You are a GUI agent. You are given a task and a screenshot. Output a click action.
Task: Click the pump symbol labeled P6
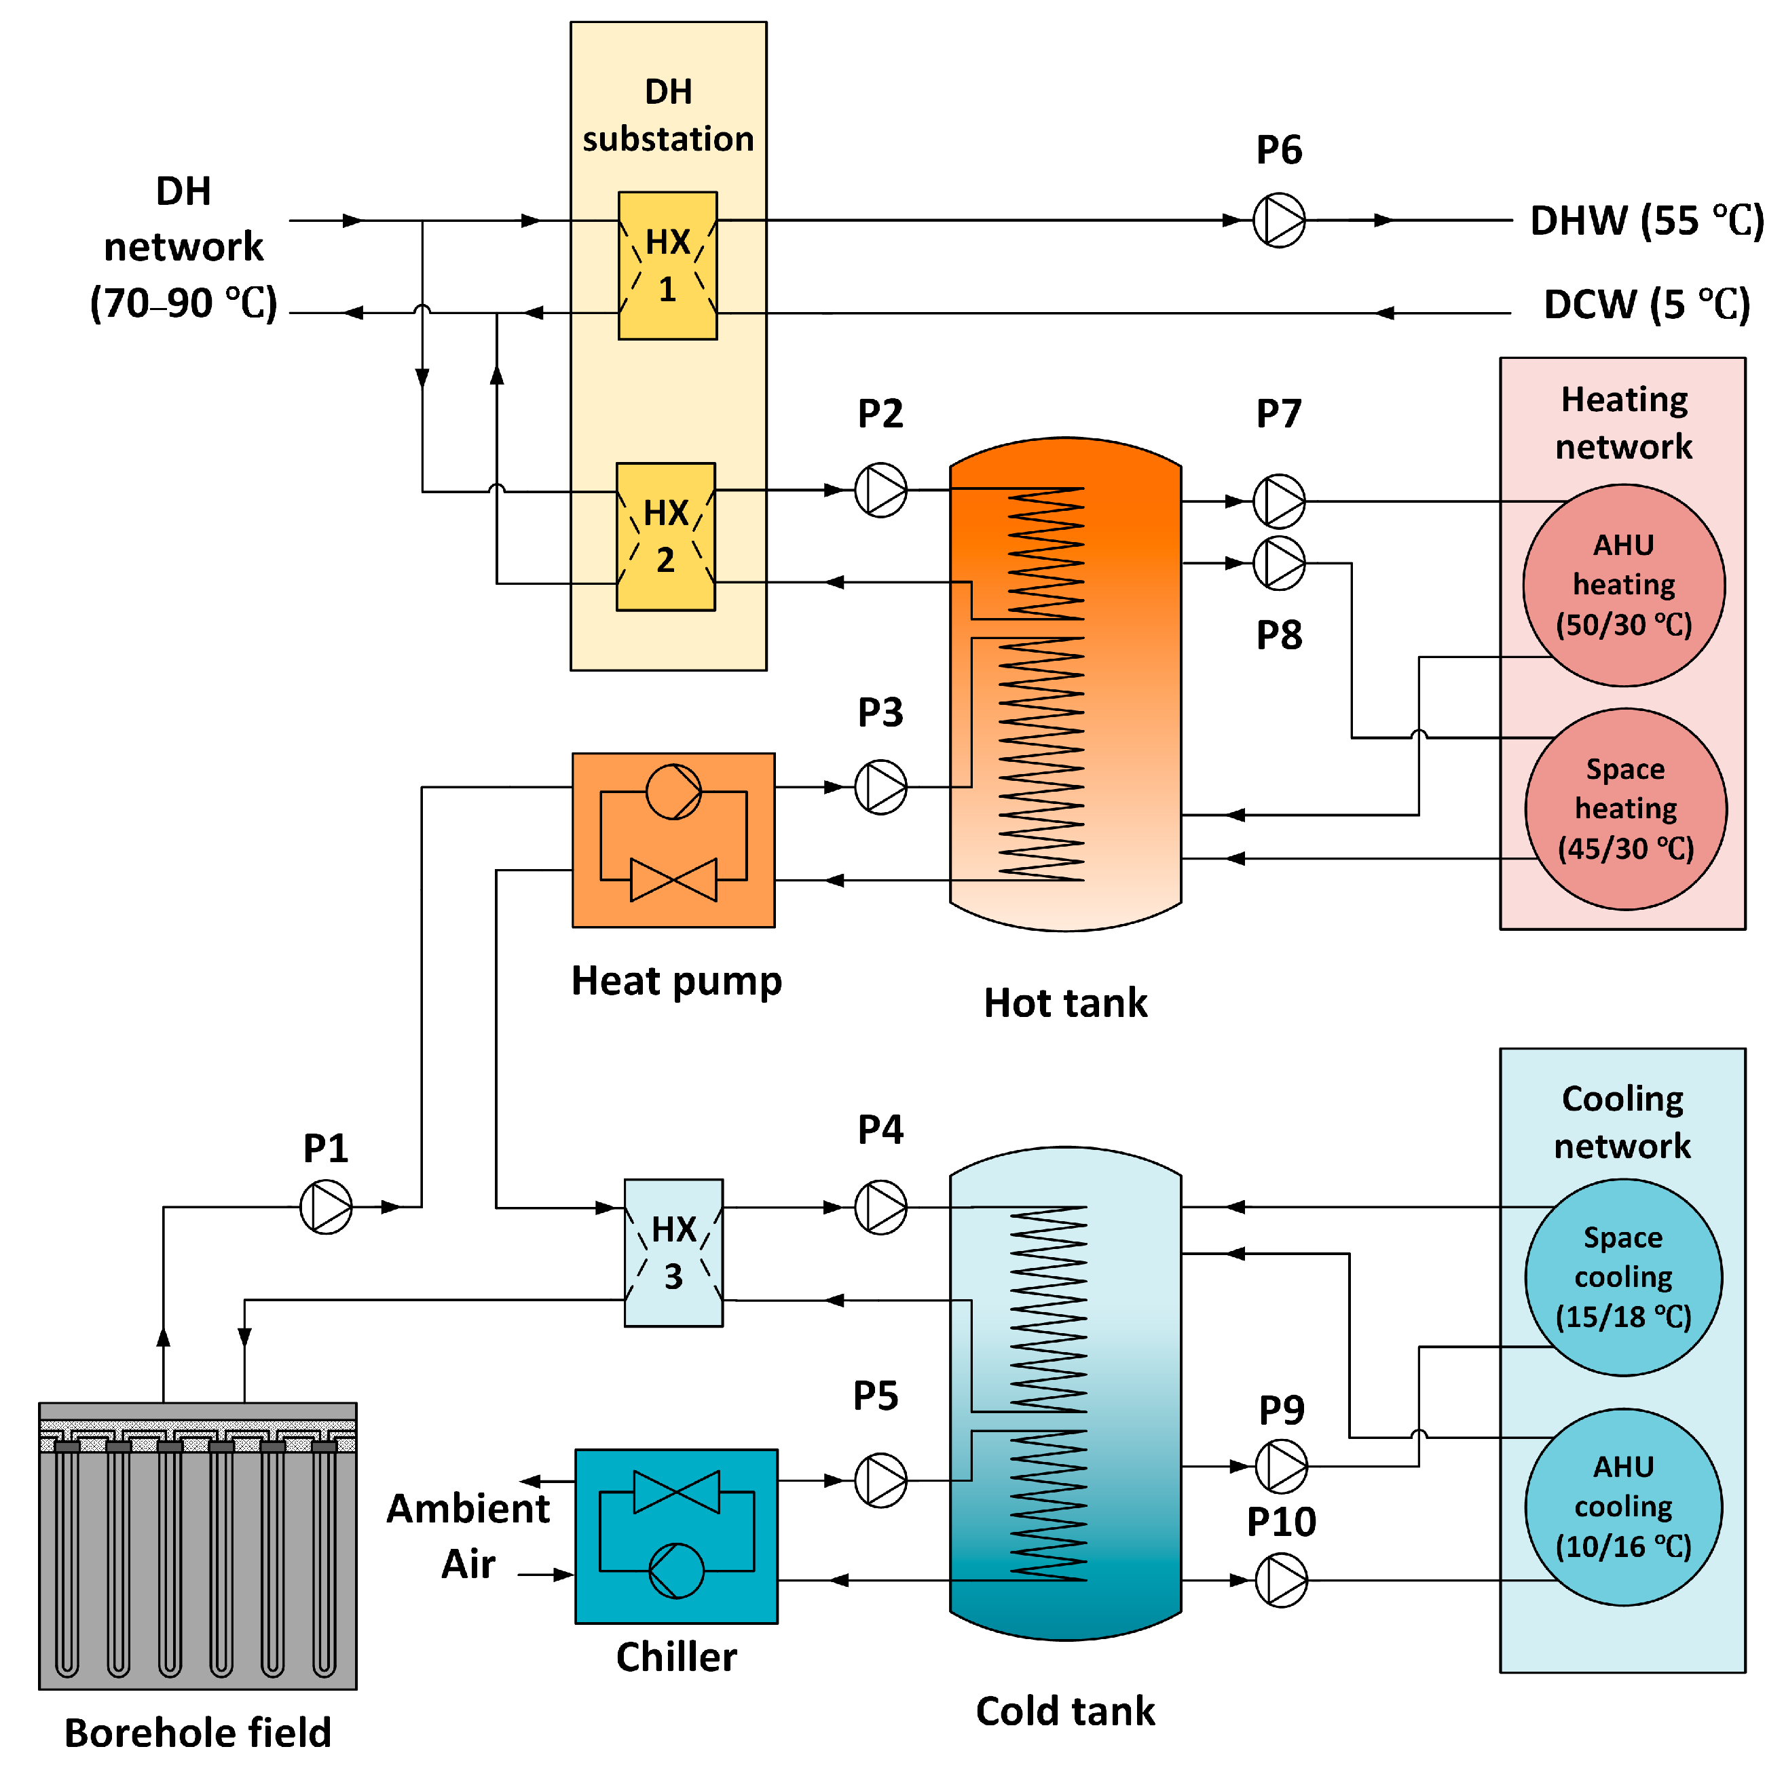(x=1279, y=220)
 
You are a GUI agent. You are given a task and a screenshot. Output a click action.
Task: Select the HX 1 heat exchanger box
(x=667, y=265)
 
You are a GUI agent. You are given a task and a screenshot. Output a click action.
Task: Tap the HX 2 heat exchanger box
(x=665, y=537)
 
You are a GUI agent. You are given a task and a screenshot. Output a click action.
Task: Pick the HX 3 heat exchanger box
(x=673, y=1253)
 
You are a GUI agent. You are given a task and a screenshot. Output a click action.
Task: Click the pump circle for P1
(x=326, y=1207)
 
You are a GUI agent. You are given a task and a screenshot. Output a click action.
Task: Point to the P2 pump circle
(x=880, y=491)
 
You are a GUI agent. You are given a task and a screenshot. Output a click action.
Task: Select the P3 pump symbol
(x=880, y=787)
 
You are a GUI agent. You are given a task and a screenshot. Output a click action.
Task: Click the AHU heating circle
(x=1624, y=585)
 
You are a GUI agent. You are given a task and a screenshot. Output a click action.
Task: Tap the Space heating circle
(x=1626, y=809)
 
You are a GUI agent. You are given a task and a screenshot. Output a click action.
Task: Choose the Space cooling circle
(x=1623, y=1277)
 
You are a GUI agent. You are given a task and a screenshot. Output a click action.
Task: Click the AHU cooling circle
(x=1623, y=1507)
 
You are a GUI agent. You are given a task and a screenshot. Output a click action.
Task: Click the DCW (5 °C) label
(x=1647, y=305)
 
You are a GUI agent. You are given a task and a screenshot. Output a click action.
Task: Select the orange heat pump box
(x=673, y=840)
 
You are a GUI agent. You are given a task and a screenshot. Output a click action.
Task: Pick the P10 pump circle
(x=1282, y=1581)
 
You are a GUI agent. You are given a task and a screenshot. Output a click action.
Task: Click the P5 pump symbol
(x=880, y=1481)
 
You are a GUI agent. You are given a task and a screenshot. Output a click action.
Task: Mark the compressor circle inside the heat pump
(x=673, y=792)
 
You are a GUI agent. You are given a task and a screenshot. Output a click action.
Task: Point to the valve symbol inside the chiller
(x=676, y=1492)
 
